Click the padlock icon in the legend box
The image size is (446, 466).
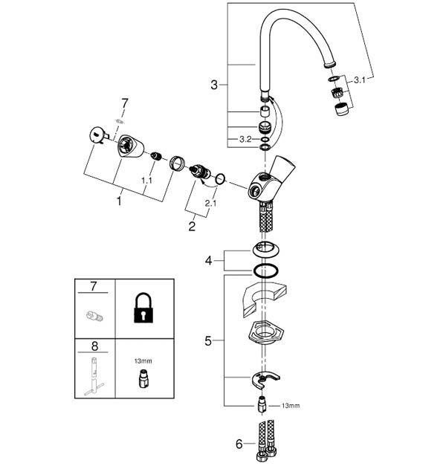coord(143,308)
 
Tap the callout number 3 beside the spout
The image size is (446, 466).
coord(214,85)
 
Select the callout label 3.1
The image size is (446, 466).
coord(360,80)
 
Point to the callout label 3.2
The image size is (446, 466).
coord(245,139)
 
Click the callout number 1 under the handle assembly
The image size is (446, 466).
coord(119,201)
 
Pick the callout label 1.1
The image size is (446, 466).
coord(146,181)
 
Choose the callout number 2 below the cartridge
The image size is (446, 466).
coord(192,226)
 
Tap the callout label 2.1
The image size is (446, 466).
coord(210,204)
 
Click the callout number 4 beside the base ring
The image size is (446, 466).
coord(209,261)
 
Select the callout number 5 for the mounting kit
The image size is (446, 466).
coord(208,341)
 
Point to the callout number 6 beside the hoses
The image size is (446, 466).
coord(239,444)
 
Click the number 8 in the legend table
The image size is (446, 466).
coord(94,346)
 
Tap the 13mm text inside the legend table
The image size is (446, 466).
coord(143,361)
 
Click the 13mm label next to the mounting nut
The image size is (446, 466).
coord(291,406)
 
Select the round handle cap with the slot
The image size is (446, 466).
coord(98,135)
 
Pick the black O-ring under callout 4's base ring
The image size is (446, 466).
coord(266,271)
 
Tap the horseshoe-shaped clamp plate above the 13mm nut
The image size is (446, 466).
coord(265,380)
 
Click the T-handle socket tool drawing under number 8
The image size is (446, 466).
coord(94,377)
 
